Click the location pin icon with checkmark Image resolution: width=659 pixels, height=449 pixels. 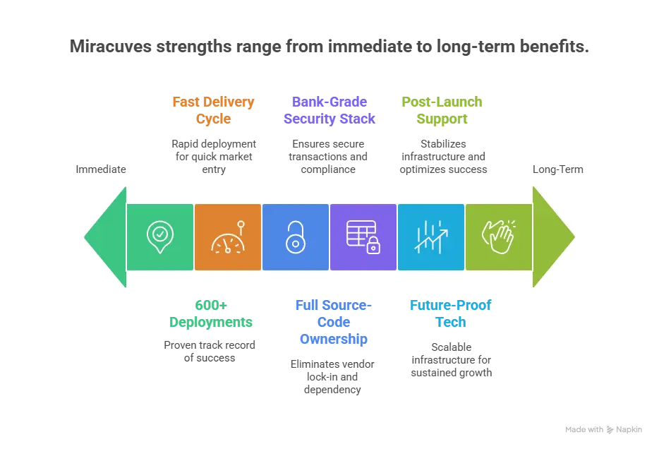coord(160,237)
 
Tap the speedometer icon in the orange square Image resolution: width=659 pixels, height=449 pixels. coord(227,238)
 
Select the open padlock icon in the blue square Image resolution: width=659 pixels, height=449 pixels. coord(295,237)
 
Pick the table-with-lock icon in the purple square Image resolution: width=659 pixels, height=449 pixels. coord(363,237)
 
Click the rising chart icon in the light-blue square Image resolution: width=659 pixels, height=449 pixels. coord(430,237)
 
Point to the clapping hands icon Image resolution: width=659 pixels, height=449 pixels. coord(498,237)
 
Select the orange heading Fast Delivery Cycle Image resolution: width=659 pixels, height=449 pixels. coord(212,109)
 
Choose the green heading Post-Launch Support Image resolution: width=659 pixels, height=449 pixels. coord(443,109)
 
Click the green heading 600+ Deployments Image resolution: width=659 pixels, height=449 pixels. coord(211,313)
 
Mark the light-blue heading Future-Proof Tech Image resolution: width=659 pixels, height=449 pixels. coord(449,313)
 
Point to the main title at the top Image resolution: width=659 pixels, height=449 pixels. coord(329,48)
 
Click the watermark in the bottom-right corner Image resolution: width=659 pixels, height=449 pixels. coord(603,429)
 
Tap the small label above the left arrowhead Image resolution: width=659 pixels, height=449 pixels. coord(102,170)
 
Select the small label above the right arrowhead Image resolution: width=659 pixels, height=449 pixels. coord(558,170)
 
